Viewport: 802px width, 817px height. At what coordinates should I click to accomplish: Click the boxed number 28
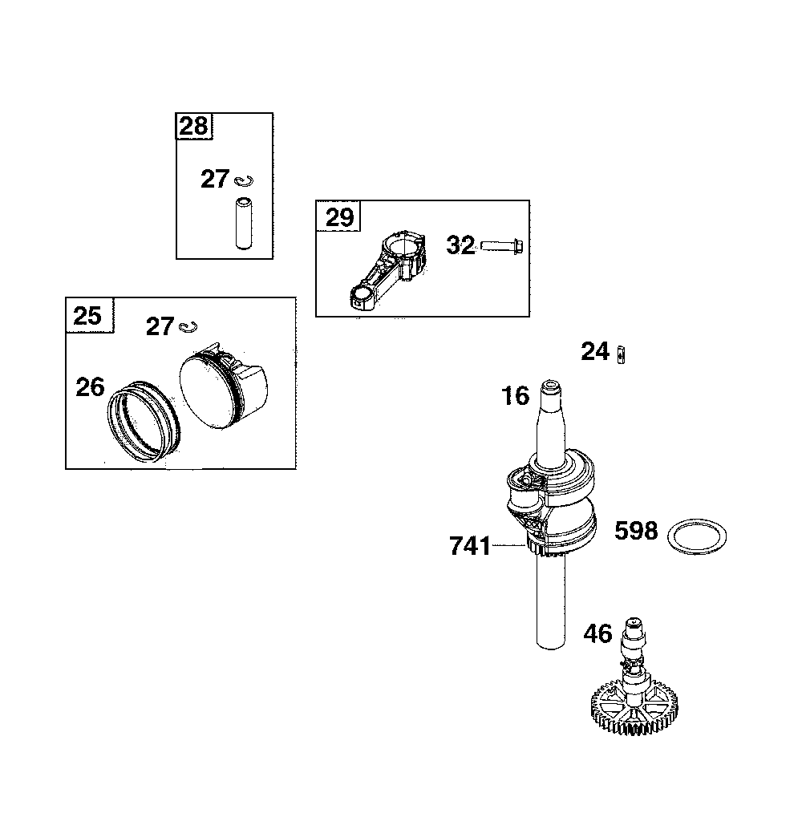pos(192,126)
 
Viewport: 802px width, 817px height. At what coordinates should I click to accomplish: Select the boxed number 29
pos(338,217)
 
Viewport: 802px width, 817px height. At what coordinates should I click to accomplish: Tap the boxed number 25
pos(87,315)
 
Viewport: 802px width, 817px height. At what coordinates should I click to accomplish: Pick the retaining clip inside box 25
pos(189,326)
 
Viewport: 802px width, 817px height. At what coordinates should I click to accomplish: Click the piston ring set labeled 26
pos(144,418)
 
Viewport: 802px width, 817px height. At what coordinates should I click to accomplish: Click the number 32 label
pos(460,245)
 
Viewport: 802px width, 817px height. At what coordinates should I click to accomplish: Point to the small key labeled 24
pos(622,353)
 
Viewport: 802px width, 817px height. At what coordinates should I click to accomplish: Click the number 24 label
pos(595,351)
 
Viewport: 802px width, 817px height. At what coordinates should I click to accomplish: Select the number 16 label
pos(516,395)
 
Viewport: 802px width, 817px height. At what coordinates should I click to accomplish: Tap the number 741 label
pos(470,546)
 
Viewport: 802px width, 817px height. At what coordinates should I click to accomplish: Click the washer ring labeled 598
pos(697,535)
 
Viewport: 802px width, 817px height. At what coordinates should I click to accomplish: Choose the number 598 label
pos(636,531)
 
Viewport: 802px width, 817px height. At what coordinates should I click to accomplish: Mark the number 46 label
pos(597,634)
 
